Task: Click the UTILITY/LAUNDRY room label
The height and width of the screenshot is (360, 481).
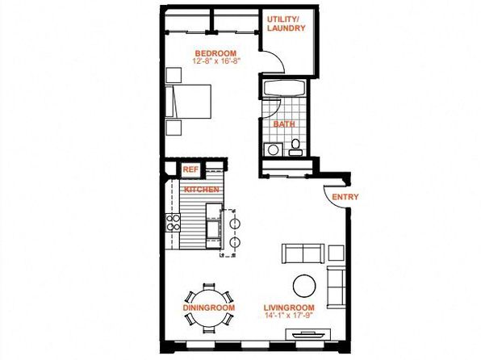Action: (286, 23)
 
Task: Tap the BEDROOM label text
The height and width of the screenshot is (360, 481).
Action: (215, 53)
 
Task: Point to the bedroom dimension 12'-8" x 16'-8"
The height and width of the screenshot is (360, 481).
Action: (215, 61)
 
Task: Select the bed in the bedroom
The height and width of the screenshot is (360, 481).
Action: (188, 101)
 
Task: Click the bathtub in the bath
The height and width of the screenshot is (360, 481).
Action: (284, 89)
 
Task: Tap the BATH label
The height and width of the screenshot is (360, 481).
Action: (284, 124)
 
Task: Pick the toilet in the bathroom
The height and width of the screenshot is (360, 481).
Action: (295, 148)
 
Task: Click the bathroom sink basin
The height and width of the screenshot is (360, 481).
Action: (273, 150)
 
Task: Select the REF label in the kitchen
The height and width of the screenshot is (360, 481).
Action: (190, 170)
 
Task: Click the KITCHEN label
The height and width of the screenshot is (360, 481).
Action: (202, 190)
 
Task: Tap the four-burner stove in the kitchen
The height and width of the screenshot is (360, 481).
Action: (173, 223)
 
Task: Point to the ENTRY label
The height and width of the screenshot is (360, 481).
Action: (345, 197)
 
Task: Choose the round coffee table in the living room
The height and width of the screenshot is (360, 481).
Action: (304, 286)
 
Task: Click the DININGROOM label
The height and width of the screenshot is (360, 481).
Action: (209, 308)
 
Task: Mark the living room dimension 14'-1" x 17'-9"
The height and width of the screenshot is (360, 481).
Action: (289, 315)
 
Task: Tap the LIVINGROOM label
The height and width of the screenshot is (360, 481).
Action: (289, 308)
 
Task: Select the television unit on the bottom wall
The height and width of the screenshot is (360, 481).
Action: (308, 334)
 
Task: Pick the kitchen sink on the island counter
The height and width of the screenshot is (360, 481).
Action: (213, 229)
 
